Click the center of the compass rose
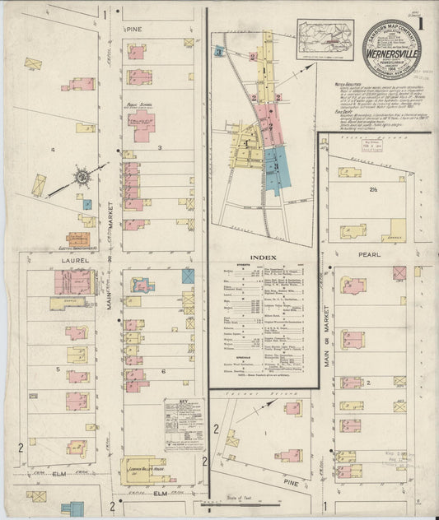[x=82, y=176]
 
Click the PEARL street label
[x=369, y=256]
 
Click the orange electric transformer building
[x=79, y=240]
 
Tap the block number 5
[x=57, y=369]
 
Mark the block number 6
[x=163, y=371]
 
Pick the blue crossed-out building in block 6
[x=188, y=276]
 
